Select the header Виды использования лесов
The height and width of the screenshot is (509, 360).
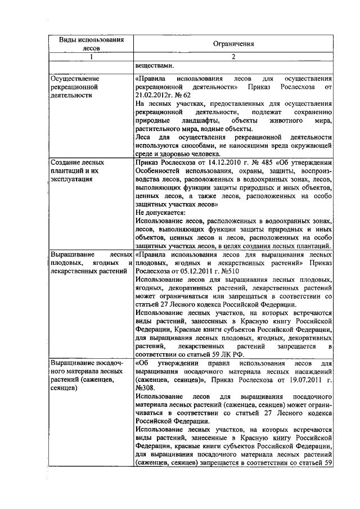point(91,43)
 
